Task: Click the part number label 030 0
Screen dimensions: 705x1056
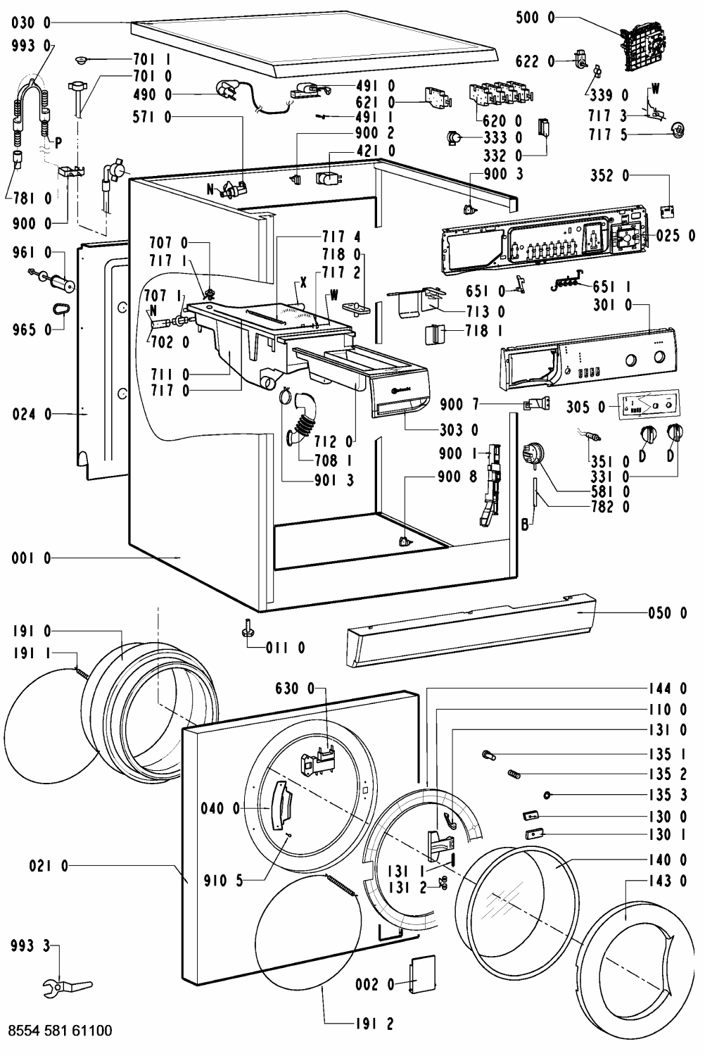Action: click(x=31, y=23)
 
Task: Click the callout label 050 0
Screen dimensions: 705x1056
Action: click(x=668, y=613)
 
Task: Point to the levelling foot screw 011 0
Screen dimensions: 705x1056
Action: click(x=246, y=629)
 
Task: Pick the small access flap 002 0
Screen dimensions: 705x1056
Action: click(x=421, y=975)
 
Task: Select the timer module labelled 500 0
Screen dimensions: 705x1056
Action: click(x=642, y=47)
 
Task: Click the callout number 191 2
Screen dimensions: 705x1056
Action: click(x=374, y=1024)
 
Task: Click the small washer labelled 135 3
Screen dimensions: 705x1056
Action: click(x=547, y=796)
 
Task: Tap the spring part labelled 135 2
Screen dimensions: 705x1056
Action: click(x=514, y=774)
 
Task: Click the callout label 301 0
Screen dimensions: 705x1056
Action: click(x=613, y=305)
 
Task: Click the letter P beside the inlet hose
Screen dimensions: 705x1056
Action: click(x=58, y=144)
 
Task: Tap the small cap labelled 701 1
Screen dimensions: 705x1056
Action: click(x=82, y=60)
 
